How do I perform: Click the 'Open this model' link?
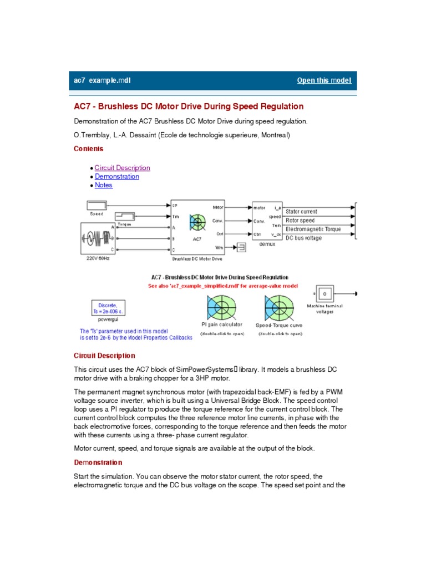pos(324,81)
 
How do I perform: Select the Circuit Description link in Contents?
pos(122,168)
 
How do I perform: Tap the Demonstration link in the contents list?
pos(116,177)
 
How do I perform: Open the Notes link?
pos(104,185)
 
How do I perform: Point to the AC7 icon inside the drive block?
pos(197,223)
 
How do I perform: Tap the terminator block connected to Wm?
pos(242,247)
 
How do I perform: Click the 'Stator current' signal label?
pos(301,212)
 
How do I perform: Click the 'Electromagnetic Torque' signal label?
pos(313,229)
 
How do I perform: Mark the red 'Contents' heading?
pos(88,149)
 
